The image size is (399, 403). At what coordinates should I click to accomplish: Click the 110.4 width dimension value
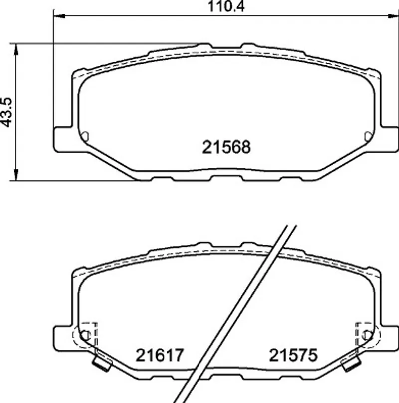click(226, 6)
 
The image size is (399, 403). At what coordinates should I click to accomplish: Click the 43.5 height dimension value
click(6, 112)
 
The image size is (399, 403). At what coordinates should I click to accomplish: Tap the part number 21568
click(226, 147)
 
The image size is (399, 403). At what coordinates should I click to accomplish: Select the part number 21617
click(160, 355)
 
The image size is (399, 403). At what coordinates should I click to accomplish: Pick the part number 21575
click(293, 355)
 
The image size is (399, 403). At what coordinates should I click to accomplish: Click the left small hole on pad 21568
click(85, 136)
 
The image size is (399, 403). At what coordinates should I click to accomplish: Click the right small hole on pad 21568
click(368, 136)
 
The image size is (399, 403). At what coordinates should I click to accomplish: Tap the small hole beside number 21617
click(86, 335)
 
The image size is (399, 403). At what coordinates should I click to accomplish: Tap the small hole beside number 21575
click(366, 335)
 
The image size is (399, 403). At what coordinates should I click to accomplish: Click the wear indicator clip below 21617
click(102, 363)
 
